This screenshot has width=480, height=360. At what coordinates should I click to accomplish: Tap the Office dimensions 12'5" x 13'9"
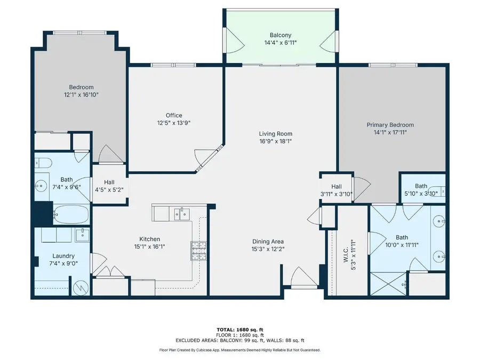(x=173, y=123)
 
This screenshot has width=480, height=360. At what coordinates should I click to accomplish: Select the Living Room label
(x=275, y=134)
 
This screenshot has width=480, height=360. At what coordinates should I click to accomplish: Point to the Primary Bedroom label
(x=390, y=125)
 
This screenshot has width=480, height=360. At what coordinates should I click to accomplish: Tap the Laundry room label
(x=63, y=256)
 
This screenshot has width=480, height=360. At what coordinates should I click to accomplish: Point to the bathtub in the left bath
(x=70, y=216)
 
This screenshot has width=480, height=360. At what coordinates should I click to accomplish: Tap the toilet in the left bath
(x=44, y=162)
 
